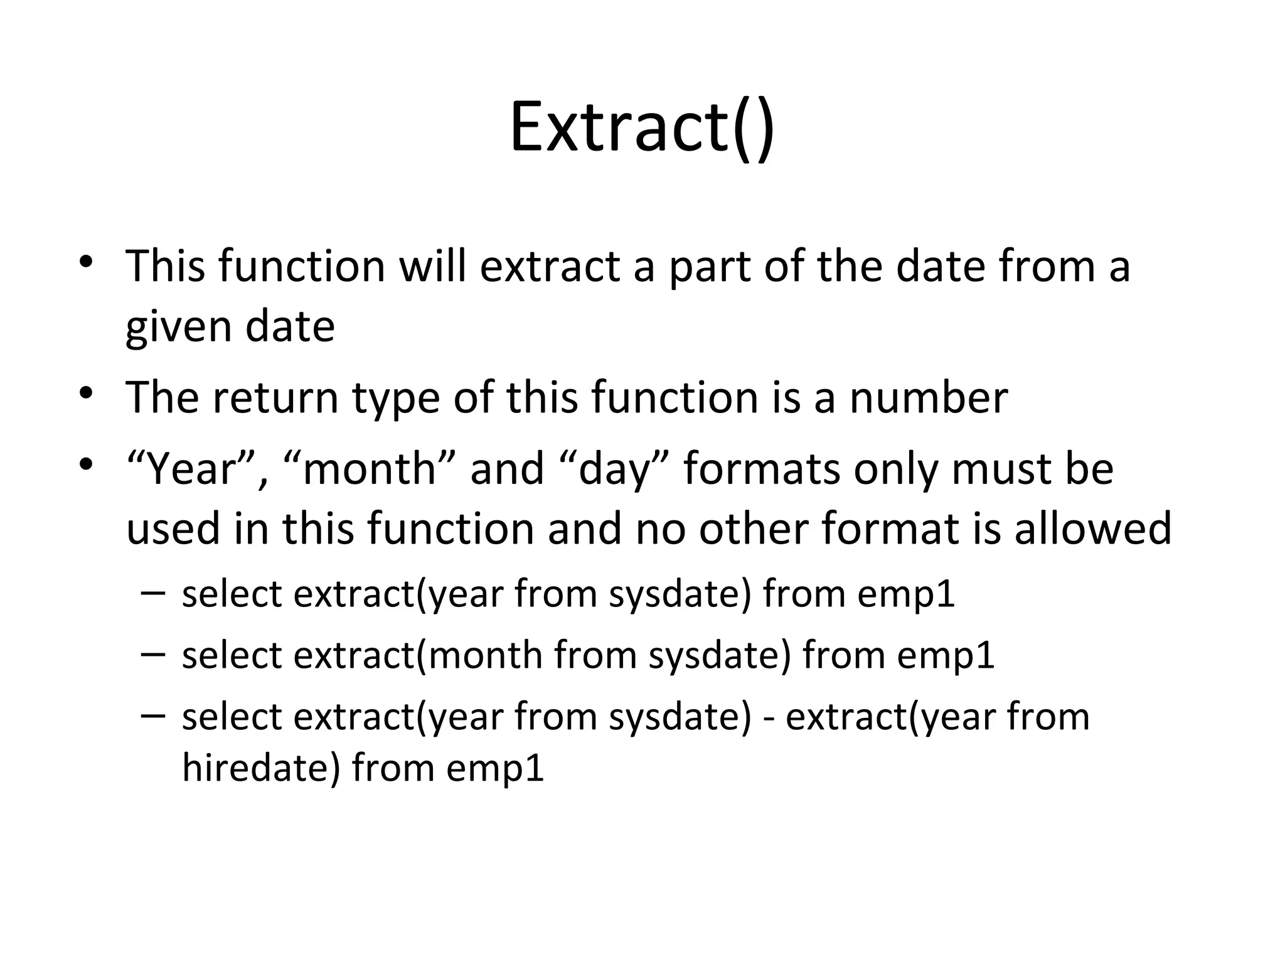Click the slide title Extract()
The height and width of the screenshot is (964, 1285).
pyautogui.click(x=642, y=129)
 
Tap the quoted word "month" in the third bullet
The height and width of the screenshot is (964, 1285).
pyautogui.click(x=370, y=469)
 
